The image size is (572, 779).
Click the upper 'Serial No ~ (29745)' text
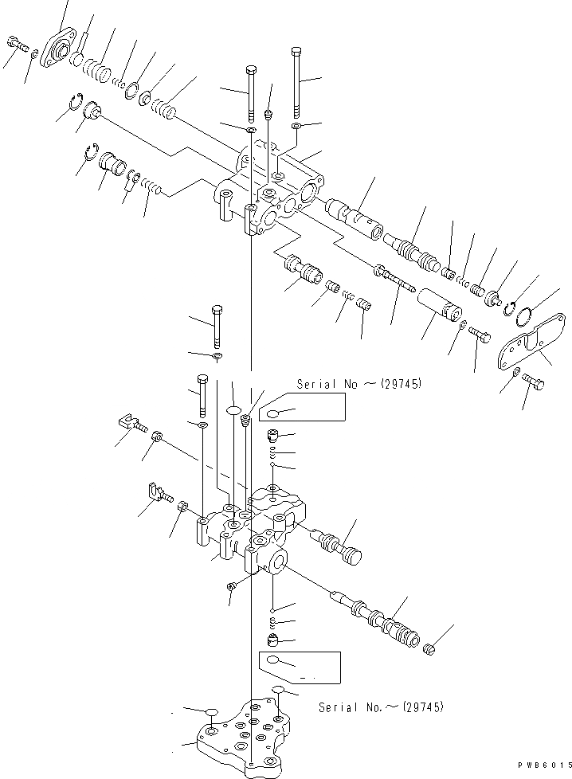[x=358, y=384]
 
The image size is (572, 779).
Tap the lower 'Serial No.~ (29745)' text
[x=381, y=707]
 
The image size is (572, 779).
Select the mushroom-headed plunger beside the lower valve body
[x=339, y=549]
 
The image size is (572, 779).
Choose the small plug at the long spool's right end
[x=430, y=648]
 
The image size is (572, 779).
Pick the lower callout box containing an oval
[x=299, y=665]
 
